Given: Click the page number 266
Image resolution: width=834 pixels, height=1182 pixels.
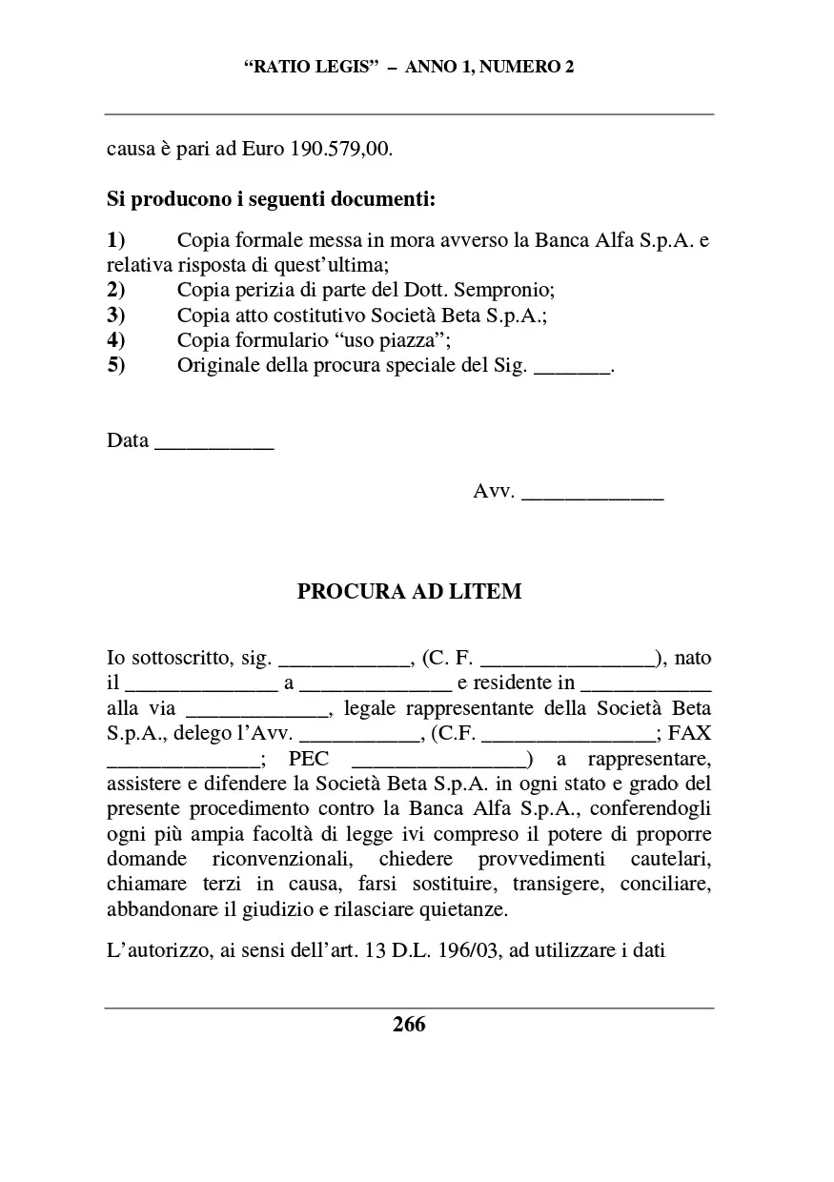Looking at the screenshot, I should pos(409,1025).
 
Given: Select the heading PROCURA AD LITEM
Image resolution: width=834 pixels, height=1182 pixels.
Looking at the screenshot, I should pos(409,591).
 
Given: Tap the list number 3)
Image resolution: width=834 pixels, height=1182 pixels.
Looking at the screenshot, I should pos(116,315).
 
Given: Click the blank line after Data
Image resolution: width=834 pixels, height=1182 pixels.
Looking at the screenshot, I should pos(214,441).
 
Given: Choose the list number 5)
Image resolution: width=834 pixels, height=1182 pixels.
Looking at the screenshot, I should pos(116,365).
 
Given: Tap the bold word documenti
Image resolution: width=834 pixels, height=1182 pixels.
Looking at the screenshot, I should pos(391,201).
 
